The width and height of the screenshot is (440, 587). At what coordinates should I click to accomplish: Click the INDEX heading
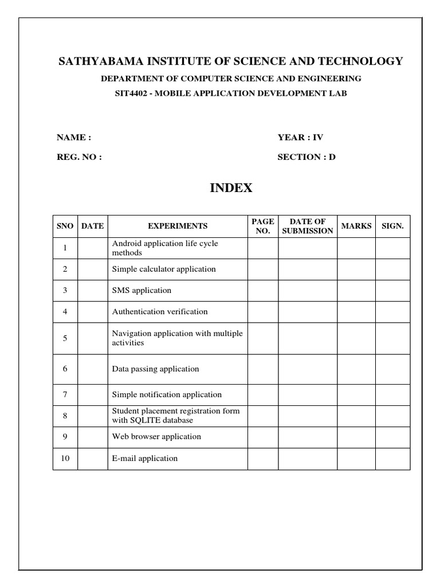pos(231,188)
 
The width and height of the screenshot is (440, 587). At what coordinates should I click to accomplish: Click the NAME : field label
pos(73,138)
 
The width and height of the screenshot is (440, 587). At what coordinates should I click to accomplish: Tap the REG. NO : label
pos(79,156)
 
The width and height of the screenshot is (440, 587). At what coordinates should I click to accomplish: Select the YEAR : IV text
pos(300,138)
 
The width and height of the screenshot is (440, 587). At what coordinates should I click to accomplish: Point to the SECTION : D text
pos(307,156)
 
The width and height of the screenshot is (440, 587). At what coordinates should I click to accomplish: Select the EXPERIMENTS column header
pos(178,226)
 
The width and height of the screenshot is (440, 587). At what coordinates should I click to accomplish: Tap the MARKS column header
pos(356,226)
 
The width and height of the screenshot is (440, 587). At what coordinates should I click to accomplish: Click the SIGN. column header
pos(393,226)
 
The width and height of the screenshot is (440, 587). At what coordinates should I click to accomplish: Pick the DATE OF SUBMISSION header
pos(308,226)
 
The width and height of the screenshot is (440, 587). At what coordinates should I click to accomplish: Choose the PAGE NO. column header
pos(263,226)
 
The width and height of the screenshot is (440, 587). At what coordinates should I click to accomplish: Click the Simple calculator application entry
pos(164,269)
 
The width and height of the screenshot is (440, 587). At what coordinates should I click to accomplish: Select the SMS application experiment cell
pos(142,290)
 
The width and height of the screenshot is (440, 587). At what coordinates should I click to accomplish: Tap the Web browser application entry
pos(156,436)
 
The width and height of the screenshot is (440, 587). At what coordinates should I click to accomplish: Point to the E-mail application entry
pos(145,458)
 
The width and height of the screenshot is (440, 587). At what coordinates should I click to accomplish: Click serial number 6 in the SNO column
pos(65,369)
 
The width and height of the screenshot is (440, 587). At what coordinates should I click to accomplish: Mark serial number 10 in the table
pos(65,458)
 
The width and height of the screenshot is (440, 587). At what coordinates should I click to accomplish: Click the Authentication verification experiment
pos(160,312)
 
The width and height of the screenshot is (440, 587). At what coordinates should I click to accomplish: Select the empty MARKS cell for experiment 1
pos(356,248)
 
